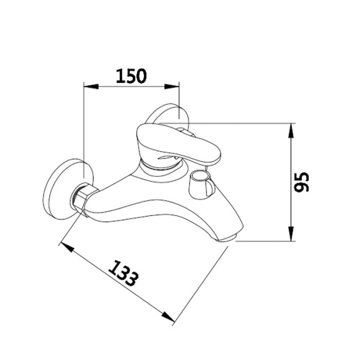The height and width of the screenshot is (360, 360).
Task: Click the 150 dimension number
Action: pos(131,76)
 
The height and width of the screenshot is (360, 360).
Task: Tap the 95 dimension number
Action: pos(302,182)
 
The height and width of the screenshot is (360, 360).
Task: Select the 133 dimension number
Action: pos(123,273)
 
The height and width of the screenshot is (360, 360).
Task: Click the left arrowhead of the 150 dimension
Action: pos(91,86)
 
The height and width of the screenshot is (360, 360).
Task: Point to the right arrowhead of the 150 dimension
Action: pos(172,86)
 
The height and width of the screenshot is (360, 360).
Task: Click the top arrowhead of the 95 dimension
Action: pos(291,131)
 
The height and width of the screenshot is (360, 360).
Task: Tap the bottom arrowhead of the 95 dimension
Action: pos(291,233)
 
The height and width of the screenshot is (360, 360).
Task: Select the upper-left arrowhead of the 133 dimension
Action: pos(67,247)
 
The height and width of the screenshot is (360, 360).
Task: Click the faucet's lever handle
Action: pos(178,144)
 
